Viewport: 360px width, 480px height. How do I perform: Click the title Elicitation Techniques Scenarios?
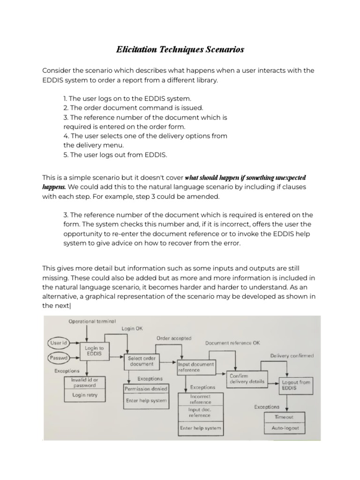(x=180, y=49)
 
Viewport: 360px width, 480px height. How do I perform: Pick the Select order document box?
(x=141, y=361)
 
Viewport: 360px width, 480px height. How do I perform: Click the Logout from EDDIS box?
(x=295, y=385)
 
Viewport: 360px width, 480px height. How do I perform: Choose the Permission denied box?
(x=146, y=389)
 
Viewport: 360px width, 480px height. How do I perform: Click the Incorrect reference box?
(x=200, y=399)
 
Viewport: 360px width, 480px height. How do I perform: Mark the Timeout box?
(x=284, y=417)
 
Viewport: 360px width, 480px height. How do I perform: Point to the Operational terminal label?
(x=92, y=321)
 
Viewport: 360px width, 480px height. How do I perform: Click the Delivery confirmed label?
(x=292, y=356)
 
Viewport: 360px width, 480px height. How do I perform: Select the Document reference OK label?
(x=232, y=343)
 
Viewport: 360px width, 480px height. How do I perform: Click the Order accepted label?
(x=174, y=338)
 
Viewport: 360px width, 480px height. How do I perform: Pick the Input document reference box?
(x=196, y=367)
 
